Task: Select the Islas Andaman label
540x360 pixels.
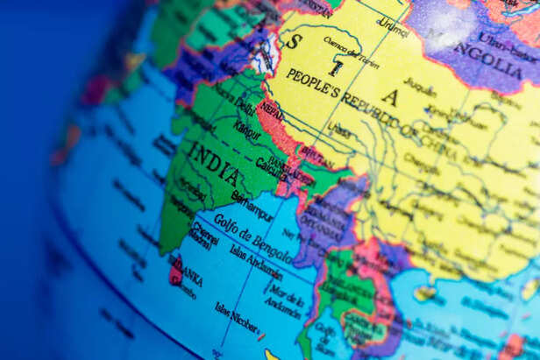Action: point(256,260)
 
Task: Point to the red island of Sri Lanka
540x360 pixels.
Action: point(176,271)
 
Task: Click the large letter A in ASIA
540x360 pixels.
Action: point(389,97)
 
